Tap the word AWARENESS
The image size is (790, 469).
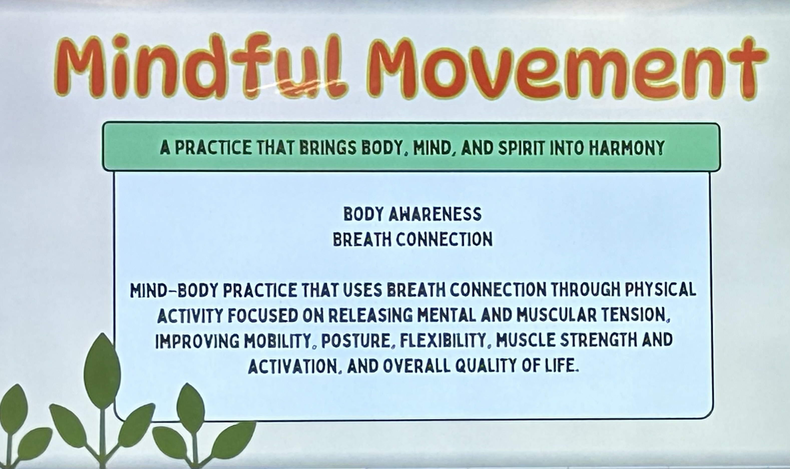pyautogui.click(x=434, y=214)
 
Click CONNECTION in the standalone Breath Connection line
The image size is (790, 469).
pyautogui.click(x=444, y=239)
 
